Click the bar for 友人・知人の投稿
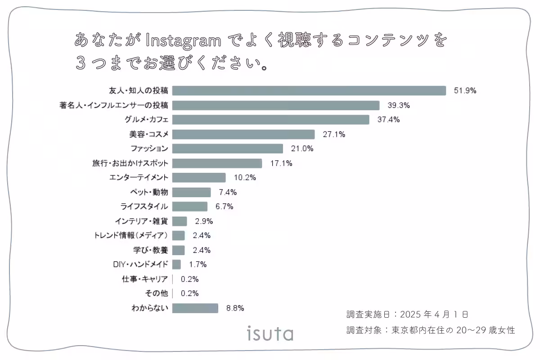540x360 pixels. [x=309, y=90]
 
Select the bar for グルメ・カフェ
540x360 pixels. [x=270, y=120]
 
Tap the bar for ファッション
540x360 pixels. [x=227, y=148]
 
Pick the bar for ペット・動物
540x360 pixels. [x=191, y=192]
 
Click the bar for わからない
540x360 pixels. [x=195, y=308]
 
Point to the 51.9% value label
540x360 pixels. [x=465, y=90]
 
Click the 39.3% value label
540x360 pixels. [x=399, y=105]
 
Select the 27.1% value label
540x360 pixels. [x=334, y=134]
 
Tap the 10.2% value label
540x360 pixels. [x=245, y=178]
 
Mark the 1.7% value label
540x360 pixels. [x=198, y=265]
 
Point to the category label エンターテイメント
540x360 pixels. [x=139, y=178]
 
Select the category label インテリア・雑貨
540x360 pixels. [x=141, y=221]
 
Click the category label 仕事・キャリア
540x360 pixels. [x=145, y=279]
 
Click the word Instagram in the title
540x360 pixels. [x=184, y=41]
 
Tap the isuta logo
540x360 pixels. [x=270, y=333]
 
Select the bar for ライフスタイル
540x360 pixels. [x=189, y=207]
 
